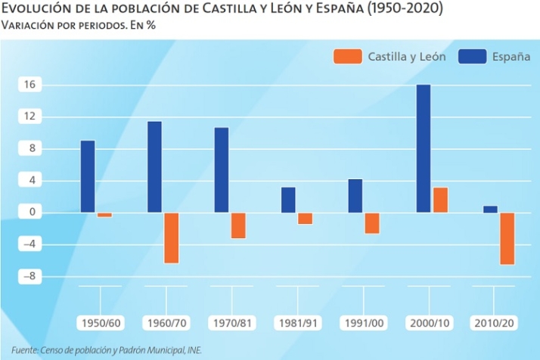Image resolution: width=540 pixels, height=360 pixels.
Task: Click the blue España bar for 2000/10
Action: (423, 148)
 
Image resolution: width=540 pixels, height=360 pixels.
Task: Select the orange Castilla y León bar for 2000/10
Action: (440, 200)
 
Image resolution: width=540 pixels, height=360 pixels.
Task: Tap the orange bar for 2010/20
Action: (507, 238)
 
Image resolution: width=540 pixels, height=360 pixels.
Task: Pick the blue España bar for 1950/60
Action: (88, 176)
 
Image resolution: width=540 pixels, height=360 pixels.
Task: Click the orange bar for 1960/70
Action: (172, 237)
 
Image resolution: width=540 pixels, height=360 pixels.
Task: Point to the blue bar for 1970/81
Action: (222, 169)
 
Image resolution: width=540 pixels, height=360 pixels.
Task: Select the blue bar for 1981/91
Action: (288, 200)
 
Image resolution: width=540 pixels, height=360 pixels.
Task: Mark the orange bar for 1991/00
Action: (372, 222)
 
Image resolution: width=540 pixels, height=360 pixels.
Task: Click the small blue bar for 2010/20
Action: (490, 209)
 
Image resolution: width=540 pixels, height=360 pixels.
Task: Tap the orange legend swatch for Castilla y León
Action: (346, 57)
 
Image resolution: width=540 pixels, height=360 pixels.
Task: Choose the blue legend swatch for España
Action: (471, 57)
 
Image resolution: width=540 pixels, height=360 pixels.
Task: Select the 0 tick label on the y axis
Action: (32, 213)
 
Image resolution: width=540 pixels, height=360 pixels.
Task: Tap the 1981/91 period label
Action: (298, 323)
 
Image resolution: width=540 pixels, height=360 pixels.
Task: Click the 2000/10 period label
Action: (429, 323)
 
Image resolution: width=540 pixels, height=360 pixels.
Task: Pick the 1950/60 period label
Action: (100, 323)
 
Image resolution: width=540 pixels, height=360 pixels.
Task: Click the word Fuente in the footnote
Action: (24, 350)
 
